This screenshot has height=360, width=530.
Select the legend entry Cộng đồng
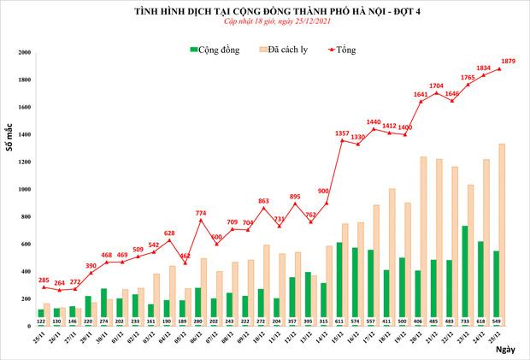click(217, 50)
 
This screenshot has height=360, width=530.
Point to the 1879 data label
click(506, 61)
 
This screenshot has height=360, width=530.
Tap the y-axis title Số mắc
click(10, 138)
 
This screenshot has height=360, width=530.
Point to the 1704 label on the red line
click(436, 86)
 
